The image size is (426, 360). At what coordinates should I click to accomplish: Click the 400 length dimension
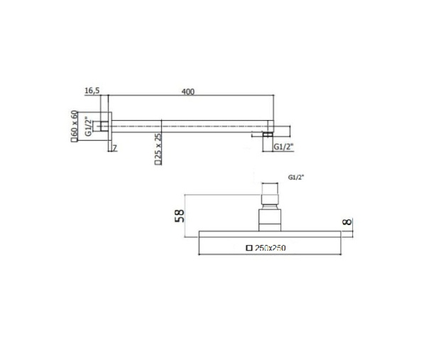[x=187, y=92]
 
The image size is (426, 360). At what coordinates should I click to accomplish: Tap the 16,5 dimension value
[x=92, y=92]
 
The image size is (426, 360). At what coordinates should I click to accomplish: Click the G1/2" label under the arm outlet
[x=283, y=146]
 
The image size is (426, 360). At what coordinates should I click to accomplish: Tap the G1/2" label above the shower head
[x=297, y=177]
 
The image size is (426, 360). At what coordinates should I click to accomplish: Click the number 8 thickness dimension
[x=346, y=222]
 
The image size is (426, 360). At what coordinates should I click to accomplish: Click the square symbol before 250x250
[x=248, y=248]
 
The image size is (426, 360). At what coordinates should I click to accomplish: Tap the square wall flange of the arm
[x=109, y=126]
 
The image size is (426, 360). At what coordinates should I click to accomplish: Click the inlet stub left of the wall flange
[x=103, y=126]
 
